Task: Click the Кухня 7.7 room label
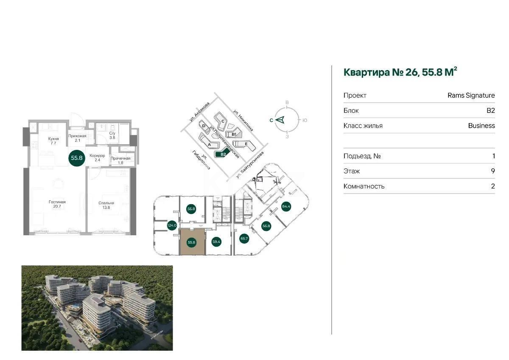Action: point(53,141)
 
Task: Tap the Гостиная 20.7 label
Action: point(57,204)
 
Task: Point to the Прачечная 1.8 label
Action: point(120,160)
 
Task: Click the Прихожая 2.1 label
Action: point(77,138)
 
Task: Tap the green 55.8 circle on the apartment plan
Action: point(77,157)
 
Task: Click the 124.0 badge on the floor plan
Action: point(172,225)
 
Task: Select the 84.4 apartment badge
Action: point(286,207)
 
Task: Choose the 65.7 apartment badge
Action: point(244,239)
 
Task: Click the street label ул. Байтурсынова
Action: point(251,165)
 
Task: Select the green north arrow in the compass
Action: point(280,120)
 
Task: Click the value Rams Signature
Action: point(471,95)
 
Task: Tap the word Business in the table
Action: point(481,126)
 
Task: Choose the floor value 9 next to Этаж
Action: point(493,171)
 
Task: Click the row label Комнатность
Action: point(364,186)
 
